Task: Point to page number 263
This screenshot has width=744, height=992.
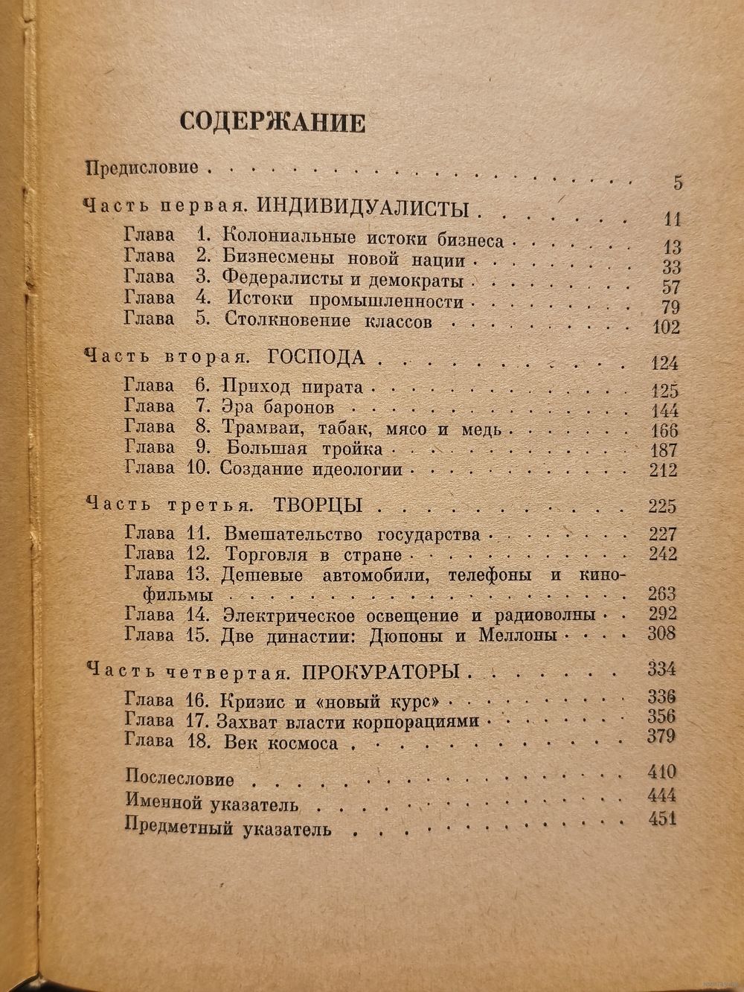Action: [661, 594]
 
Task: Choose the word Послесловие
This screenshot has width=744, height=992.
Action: [180, 779]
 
